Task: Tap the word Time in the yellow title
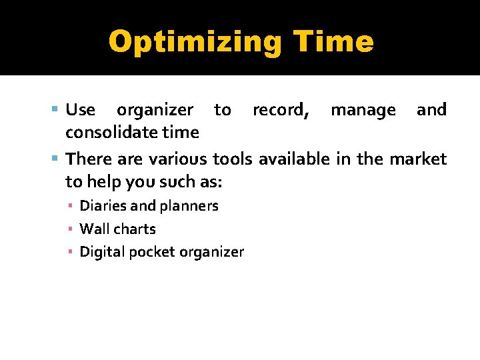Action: pyautogui.click(x=337, y=41)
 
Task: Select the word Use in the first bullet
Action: pyautogui.click(x=81, y=109)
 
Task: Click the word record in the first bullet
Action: pyautogui.click(x=280, y=110)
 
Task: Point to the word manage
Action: pyautogui.click(x=363, y=110)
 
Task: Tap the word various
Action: pyautogui.click(x=178, y=159)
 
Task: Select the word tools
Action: pyautogui.click(x=233, y=159)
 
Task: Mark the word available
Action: pyautogui.click(x=293, y=159)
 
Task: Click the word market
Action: pyautogui.click(x=417, y=159)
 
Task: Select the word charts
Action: pyautogui.click(x=133, y=229)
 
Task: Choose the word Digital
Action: pyautogui.click(x=100, y=252)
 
